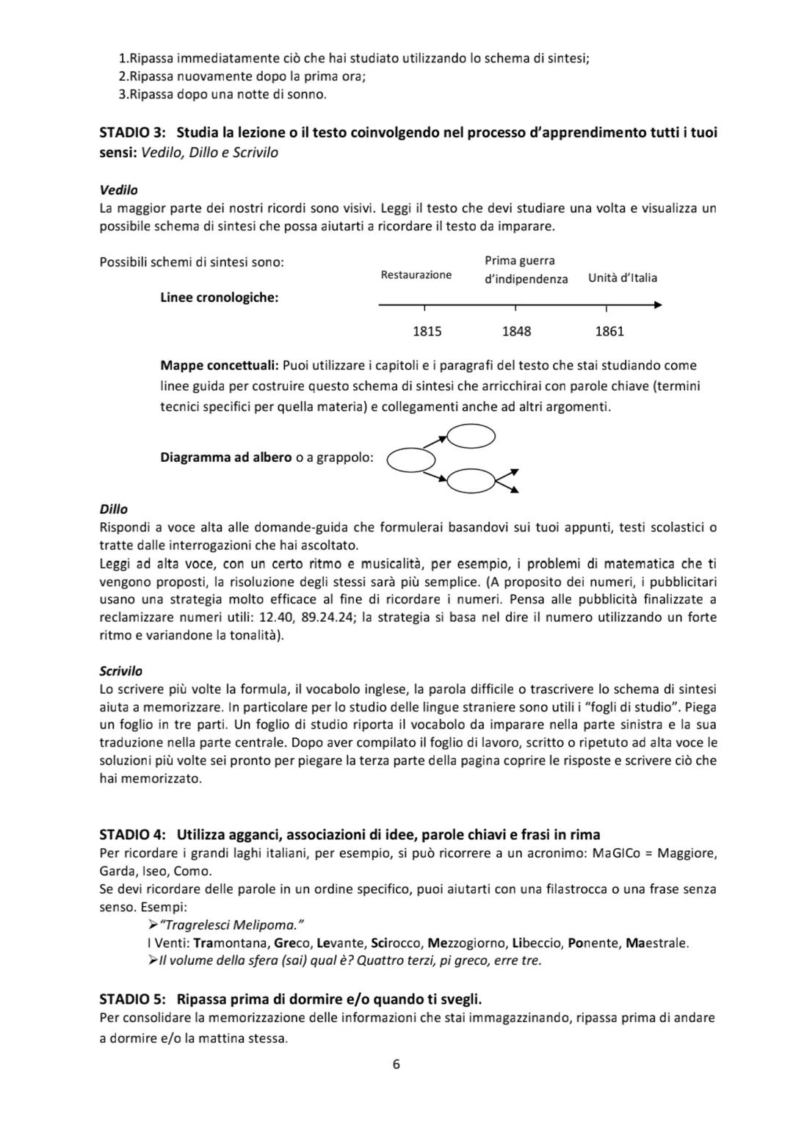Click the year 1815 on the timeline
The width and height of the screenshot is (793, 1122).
[427, 331]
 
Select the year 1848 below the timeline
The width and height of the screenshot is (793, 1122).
[516, 331]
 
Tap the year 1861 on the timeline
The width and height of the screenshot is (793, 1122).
[609, 331]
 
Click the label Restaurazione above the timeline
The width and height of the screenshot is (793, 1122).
[416, 275]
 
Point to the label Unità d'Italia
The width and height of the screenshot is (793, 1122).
[623, 278]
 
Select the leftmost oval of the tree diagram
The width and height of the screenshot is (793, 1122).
[411, 460]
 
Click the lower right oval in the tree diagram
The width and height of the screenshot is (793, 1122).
[471, 482]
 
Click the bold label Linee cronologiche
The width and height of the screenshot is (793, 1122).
[219, 298]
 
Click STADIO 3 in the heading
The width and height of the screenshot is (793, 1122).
[132, 133]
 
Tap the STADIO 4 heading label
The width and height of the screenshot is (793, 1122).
[132, 834]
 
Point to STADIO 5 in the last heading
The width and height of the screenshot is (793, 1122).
[132, 999]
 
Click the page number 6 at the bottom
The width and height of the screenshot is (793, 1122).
[396, 1064]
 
